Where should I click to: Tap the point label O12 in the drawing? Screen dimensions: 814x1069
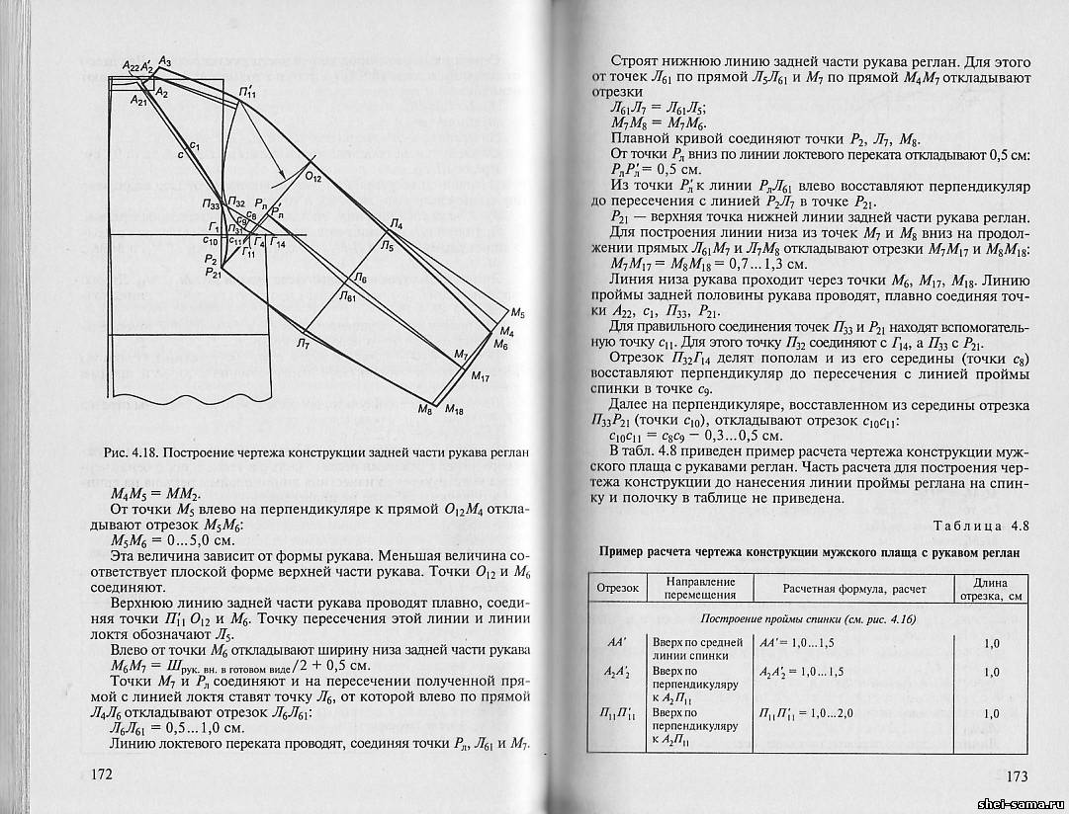[x=312, y=177]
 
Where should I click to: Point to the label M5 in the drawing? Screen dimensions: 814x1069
[x=517, y=314]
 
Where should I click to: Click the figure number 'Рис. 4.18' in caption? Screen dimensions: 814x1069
[x=128, y=452]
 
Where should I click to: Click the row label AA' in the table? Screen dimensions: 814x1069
[x=616, y=642]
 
